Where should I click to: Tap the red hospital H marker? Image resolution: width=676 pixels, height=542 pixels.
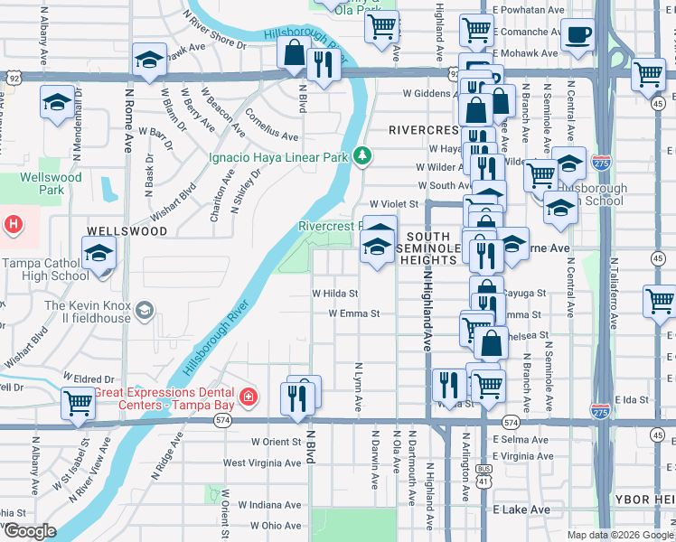pyautogui.click(x=13, y=223)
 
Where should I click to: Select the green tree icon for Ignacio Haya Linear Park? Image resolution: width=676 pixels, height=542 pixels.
pyautogui.click(x=362, y=156)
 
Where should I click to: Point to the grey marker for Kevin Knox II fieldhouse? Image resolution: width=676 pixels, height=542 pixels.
pyautogui.click(x=143, y=313)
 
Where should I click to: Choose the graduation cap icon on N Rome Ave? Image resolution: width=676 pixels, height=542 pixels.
pyautogui.click(x=149, y=60)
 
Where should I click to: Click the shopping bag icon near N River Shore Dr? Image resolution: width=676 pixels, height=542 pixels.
pyautogui.click(x=295, y=53)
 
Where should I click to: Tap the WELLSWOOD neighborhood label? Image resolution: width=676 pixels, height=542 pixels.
pyautogui.click(x=127, y=231)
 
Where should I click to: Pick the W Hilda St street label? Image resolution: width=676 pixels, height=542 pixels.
pyautogui.click(x=335, y=294)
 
